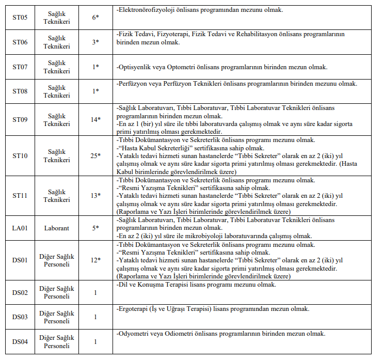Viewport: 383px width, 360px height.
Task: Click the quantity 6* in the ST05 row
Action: (95, 17)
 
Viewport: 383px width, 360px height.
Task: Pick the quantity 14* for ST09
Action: (95, 120)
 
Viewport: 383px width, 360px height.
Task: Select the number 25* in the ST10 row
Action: (95, 155)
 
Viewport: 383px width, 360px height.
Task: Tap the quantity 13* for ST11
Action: (95, 196)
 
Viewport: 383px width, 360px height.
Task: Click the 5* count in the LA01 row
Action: (95, 228)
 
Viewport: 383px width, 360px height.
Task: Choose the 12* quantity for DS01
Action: (95, 260)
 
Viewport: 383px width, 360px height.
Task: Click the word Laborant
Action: (57, 228)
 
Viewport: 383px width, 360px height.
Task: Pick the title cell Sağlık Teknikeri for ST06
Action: (57, 42)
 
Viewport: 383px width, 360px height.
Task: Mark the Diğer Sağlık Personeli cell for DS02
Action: (57, 292)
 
